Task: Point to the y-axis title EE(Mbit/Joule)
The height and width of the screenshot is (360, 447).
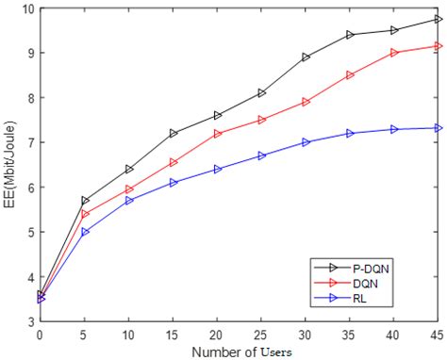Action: click(8, 165)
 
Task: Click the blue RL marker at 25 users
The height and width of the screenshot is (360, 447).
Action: click(260, 155)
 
